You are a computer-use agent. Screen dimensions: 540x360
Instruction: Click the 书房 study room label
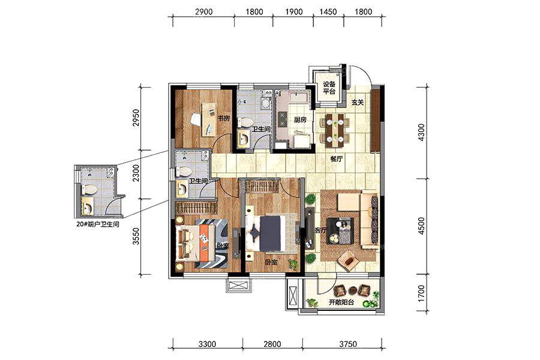224,119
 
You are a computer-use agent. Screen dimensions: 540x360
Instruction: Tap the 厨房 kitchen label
301,120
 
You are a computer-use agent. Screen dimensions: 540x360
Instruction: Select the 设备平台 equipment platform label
329,88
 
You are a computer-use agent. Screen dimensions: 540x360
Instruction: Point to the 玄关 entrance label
358,103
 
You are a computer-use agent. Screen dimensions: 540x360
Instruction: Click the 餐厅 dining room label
336,159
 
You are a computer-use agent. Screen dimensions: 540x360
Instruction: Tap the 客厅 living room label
320,230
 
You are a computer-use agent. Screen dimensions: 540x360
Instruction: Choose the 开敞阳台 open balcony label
341,302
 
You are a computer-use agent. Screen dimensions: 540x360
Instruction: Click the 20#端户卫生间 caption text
98,224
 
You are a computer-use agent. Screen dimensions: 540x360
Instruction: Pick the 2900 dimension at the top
204,12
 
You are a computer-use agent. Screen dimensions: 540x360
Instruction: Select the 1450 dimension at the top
328,12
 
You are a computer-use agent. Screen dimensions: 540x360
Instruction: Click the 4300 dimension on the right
422,131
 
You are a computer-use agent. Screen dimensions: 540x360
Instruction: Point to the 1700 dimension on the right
422,293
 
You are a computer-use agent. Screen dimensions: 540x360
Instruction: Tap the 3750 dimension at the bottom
348,344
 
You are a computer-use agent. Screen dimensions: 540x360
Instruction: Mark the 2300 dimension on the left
136,173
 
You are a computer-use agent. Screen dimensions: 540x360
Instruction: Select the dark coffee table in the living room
340,231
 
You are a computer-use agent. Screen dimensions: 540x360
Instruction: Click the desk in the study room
209,119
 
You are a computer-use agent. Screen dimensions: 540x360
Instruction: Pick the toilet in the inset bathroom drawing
89,189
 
